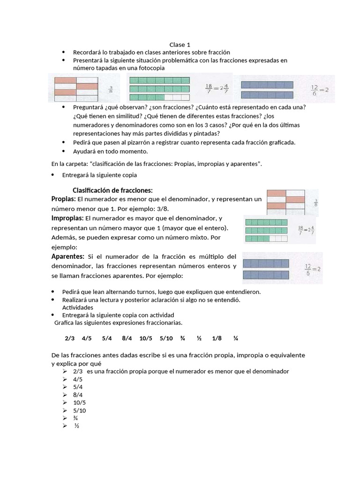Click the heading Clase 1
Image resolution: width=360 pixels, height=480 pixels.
(x=180, y=45)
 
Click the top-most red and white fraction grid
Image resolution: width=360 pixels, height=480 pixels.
(x=76, y=89)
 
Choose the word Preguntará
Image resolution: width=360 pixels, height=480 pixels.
(x=88, y=107)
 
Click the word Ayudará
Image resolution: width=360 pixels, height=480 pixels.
(x=84, y=151)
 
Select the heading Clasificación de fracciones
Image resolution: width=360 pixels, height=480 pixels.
(x=112, y=190)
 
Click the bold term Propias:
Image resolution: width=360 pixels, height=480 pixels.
(x=63, y=199)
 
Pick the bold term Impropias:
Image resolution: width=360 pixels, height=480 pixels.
(x=67, y=218)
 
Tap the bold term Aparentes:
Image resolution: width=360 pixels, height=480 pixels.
(x=67, y=256)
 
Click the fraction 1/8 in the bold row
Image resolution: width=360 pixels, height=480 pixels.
(x=217, y=338)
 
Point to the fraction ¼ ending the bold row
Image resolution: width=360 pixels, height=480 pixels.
(x=236, y=338)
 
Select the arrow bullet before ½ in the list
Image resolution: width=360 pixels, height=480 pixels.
(x=65, y=426)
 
